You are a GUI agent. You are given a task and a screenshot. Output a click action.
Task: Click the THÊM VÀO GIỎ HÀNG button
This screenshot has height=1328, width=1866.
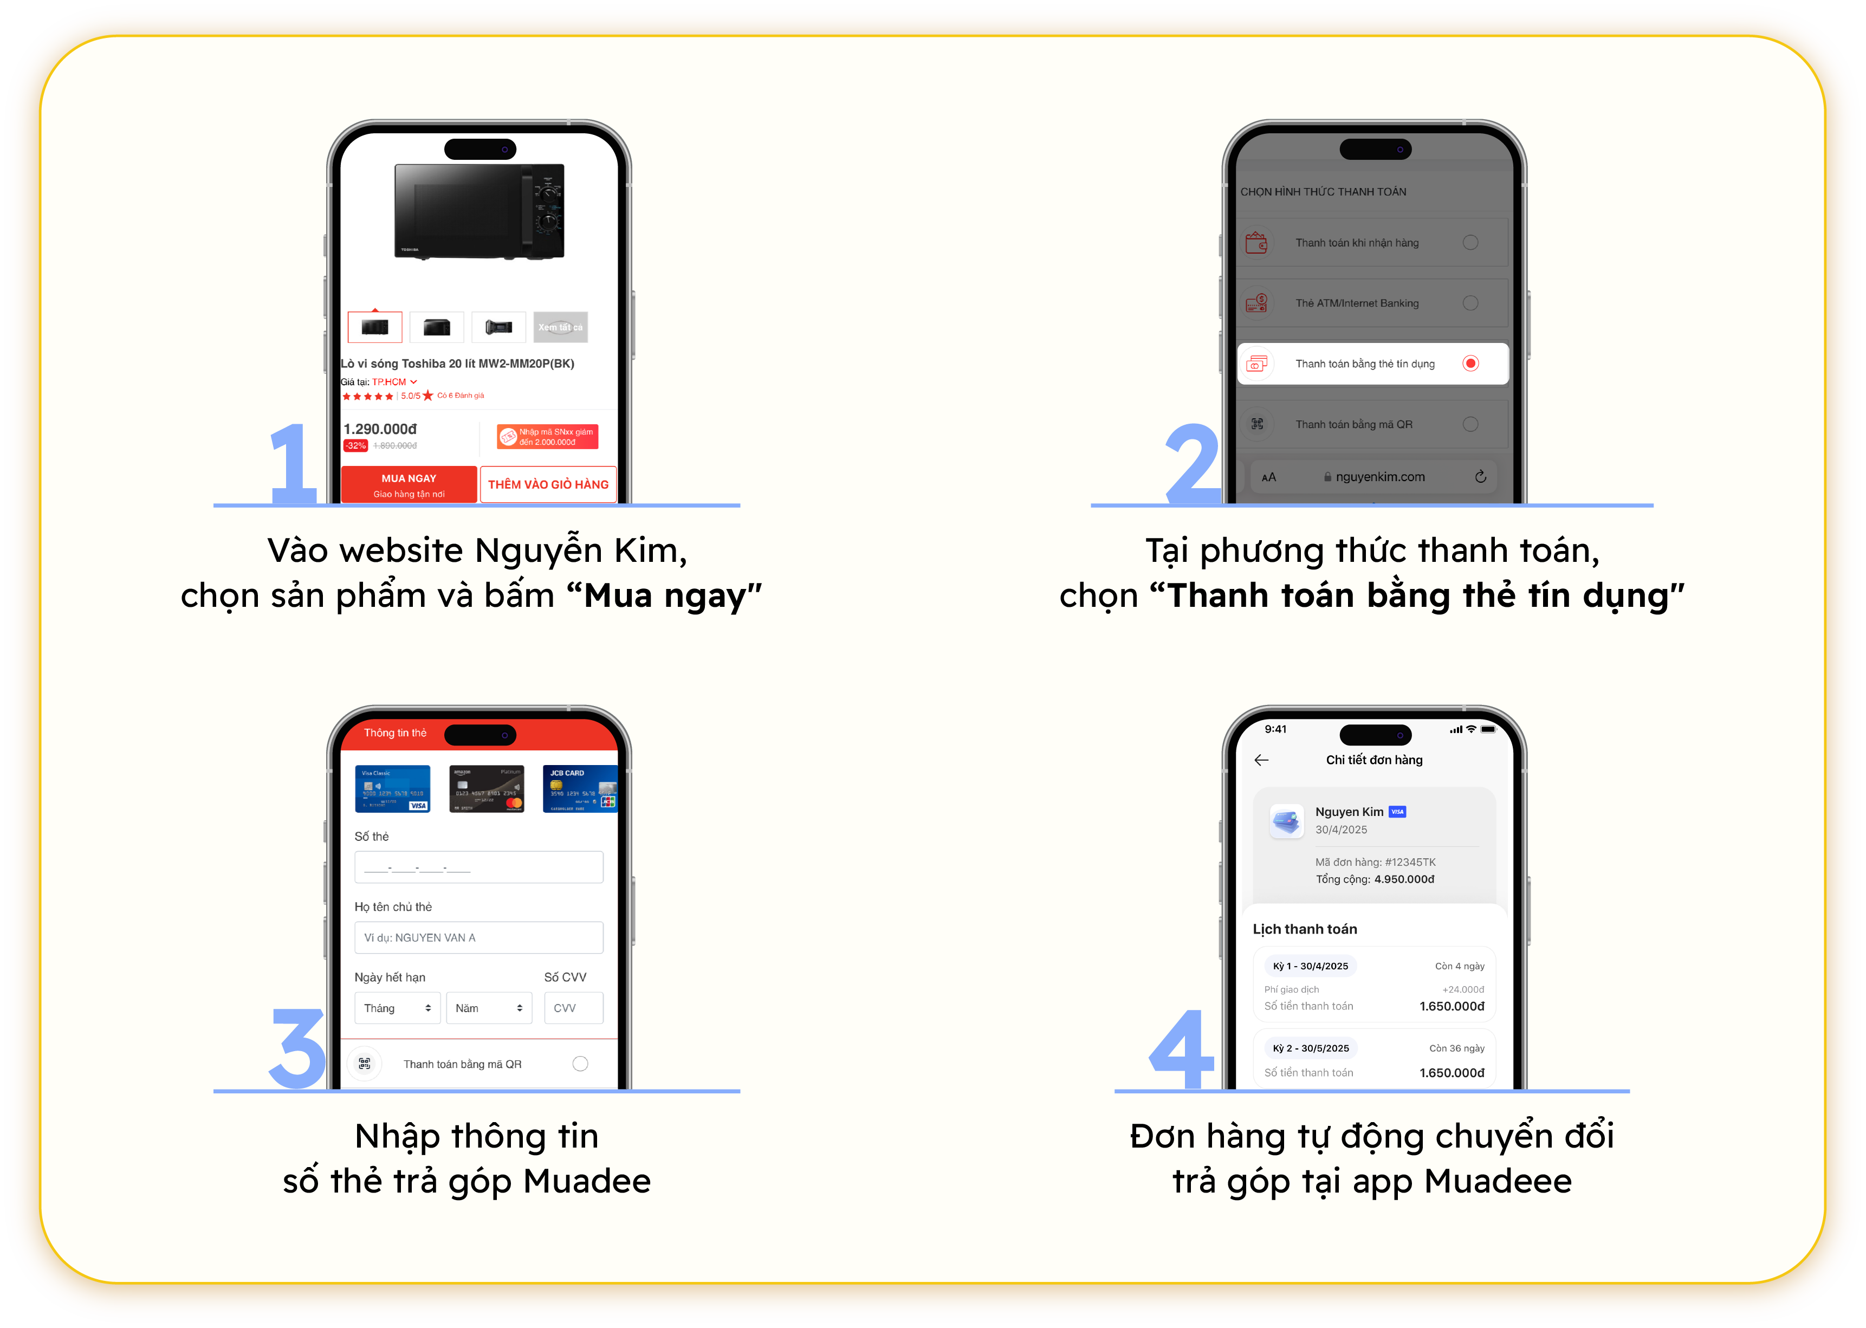coord(548,484)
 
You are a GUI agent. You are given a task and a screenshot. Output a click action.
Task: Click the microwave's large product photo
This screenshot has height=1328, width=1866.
coord(479,211)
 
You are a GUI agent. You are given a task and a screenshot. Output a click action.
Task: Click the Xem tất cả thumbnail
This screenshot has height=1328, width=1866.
coord(560,327)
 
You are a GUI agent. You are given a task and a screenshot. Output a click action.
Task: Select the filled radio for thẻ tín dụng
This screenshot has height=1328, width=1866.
coord(1469,363)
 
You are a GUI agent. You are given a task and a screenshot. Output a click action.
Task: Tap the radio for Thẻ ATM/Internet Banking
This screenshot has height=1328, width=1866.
coord(1469,302)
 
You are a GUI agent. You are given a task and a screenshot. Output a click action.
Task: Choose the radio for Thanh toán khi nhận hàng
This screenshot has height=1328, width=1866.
coord(1469,242)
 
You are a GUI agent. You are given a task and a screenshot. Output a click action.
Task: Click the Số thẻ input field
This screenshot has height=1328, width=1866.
coord(478,867)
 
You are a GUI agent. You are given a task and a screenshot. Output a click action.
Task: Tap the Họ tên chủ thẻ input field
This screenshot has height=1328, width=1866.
coord(478,937)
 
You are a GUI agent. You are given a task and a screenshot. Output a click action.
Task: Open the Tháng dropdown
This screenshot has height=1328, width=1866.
coord(397,1007)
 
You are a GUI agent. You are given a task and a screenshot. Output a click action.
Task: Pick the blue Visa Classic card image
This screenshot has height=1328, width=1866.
coord(392,788)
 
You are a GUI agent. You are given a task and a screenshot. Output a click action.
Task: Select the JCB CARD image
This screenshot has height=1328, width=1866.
coord(579,788)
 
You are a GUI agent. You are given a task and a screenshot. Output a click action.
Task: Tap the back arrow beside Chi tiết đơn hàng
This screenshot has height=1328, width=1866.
coord(1261,760)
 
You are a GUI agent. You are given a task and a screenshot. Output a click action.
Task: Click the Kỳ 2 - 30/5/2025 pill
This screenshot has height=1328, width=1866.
coord(1310,1047)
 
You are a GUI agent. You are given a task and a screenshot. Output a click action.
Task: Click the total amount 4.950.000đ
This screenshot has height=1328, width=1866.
coord(1403,879)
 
